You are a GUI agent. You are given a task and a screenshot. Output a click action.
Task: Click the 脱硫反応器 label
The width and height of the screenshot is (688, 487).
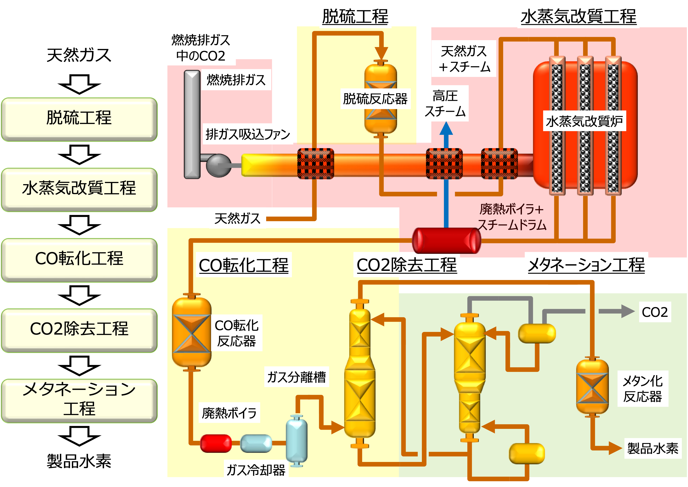375,99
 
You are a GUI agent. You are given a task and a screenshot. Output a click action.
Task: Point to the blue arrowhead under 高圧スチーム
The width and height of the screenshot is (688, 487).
446,129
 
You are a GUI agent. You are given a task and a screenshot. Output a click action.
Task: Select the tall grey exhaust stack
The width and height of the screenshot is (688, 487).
192,124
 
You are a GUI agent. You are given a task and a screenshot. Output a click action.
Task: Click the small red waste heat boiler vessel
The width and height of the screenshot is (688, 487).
216,443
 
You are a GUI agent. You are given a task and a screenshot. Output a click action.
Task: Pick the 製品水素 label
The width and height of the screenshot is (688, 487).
653,448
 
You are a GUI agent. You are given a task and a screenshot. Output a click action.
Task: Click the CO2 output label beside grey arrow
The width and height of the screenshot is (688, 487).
655,312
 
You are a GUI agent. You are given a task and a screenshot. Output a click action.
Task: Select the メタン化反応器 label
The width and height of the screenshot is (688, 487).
643,389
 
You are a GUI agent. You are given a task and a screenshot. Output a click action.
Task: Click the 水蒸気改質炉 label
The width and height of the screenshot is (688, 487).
584,121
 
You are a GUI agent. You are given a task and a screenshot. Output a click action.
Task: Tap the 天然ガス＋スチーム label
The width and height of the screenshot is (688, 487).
464,59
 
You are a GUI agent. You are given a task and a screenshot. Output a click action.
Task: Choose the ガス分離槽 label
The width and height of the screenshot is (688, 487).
296,377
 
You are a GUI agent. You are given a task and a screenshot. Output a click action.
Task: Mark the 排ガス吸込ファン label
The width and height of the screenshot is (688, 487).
248,134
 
